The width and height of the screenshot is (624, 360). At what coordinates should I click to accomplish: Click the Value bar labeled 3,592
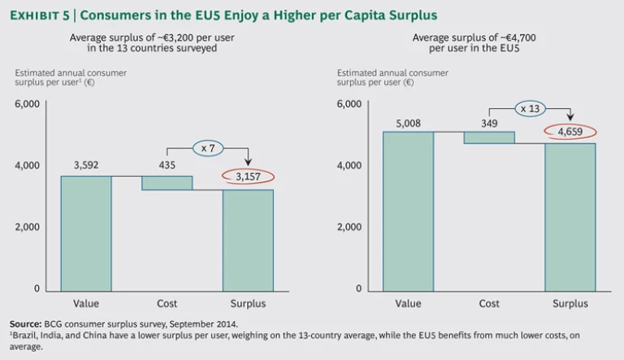pos(86,232)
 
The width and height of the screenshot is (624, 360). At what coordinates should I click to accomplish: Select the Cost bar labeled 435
pos(167,183)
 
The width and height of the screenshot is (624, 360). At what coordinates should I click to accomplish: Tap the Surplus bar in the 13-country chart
pos(248,239)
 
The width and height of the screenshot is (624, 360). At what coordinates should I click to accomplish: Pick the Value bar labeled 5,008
pos(408,210)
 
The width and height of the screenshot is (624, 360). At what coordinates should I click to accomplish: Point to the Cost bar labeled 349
pos(489,137)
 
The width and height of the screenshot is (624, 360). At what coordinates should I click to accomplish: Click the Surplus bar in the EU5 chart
pos(570,216)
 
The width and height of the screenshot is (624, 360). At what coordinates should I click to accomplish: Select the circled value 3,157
pos(249,178)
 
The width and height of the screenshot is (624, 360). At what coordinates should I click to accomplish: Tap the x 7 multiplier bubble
pos(207,147)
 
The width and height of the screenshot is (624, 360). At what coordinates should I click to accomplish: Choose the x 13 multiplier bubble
pos(529,107)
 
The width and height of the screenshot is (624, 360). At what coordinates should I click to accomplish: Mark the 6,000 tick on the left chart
pos(27,104)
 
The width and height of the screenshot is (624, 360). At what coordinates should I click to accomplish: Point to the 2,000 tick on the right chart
pos(349,228)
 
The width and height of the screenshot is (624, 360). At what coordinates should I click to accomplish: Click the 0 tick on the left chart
pos(35,289)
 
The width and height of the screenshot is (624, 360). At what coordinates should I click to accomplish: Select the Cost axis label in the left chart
pos(167,303)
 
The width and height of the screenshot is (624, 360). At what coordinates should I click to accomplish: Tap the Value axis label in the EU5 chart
pos(408,303)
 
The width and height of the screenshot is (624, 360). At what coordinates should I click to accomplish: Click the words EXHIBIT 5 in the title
pos(42,15)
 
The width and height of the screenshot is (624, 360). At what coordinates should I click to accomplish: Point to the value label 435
pos(167,165)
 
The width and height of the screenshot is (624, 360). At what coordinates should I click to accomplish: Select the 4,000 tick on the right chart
pos(349,166)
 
